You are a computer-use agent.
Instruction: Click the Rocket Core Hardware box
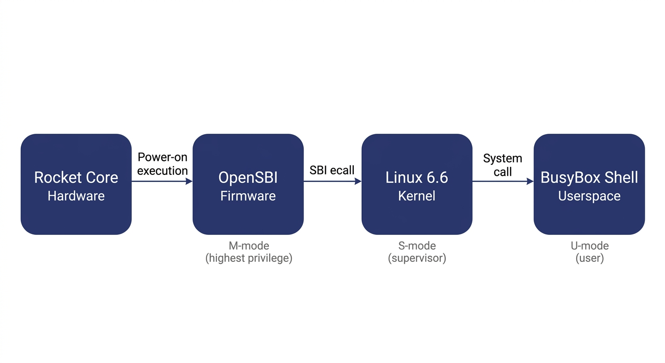tap(76, 184)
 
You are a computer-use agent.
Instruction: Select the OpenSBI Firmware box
tap(248, 184)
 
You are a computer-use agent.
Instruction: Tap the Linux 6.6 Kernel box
tap(417, 184)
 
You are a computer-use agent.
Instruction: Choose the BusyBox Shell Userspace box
tap(589, 184)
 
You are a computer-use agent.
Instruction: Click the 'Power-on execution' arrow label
tap(162, 164)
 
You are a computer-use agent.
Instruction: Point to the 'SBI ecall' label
tap(332, 170)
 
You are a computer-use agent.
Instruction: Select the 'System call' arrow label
tap(503, 165)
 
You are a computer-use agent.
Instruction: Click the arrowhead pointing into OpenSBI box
tap(189, 181)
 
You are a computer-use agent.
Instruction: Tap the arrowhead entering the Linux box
tap(358, 181)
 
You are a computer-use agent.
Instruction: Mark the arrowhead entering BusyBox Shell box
tap(530, 181)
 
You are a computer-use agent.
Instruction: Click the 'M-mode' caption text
tap(248, 246)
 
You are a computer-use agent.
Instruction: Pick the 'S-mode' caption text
tap(417, 246)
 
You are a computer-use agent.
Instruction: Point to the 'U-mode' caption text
tap(589, 246)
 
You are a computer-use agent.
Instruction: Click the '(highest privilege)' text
tap(248, 259)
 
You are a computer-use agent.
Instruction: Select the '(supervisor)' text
tap(417, 259)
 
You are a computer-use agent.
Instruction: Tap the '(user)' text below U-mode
tap(589, 259)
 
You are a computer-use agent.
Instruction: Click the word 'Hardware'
tap(76, 196)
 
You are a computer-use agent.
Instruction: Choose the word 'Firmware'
tap(248, 196)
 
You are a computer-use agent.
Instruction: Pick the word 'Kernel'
tap(417, 196)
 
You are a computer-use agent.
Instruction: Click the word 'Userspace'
tap(589, 196)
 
